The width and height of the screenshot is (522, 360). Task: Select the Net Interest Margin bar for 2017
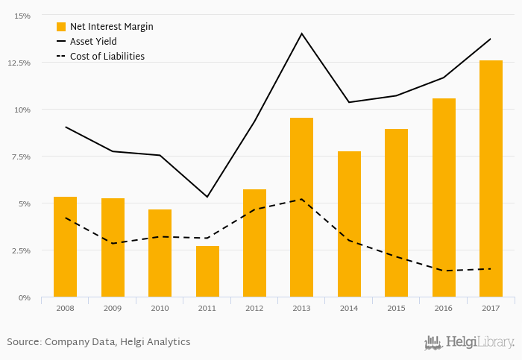[491, 179]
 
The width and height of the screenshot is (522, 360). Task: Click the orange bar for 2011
[207, 271]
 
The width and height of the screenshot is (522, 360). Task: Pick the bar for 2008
[66, 247]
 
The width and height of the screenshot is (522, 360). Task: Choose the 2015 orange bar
[396, 213]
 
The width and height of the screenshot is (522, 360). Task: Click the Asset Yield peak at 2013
[302, 34]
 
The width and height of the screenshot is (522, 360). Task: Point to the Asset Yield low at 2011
[207, 197]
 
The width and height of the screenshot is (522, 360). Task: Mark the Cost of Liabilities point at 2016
[444, 271]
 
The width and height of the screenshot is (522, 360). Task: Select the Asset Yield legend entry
[93, 42]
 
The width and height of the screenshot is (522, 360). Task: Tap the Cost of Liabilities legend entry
[107, 57]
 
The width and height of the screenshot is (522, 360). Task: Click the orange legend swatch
[61, 27]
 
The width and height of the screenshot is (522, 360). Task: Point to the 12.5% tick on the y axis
[19, 63]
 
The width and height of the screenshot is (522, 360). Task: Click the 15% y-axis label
[22, 16]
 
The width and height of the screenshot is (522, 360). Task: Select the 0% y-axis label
[24, 297]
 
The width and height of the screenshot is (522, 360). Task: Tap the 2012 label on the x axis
[254, 307]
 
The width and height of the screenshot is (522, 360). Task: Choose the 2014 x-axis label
[349, 307]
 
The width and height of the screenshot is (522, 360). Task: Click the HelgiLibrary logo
[469, 342]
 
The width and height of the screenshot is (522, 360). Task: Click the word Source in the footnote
[23, 342]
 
